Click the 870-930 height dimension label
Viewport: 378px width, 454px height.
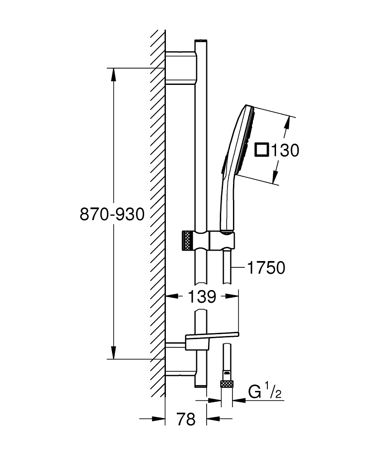coord(112,214)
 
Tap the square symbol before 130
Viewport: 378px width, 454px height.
coord(262,149)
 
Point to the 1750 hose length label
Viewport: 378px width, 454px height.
coord(266,268)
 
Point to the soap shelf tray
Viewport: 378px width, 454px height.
coord(211,336)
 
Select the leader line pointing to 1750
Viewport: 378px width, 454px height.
coord(238,268)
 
